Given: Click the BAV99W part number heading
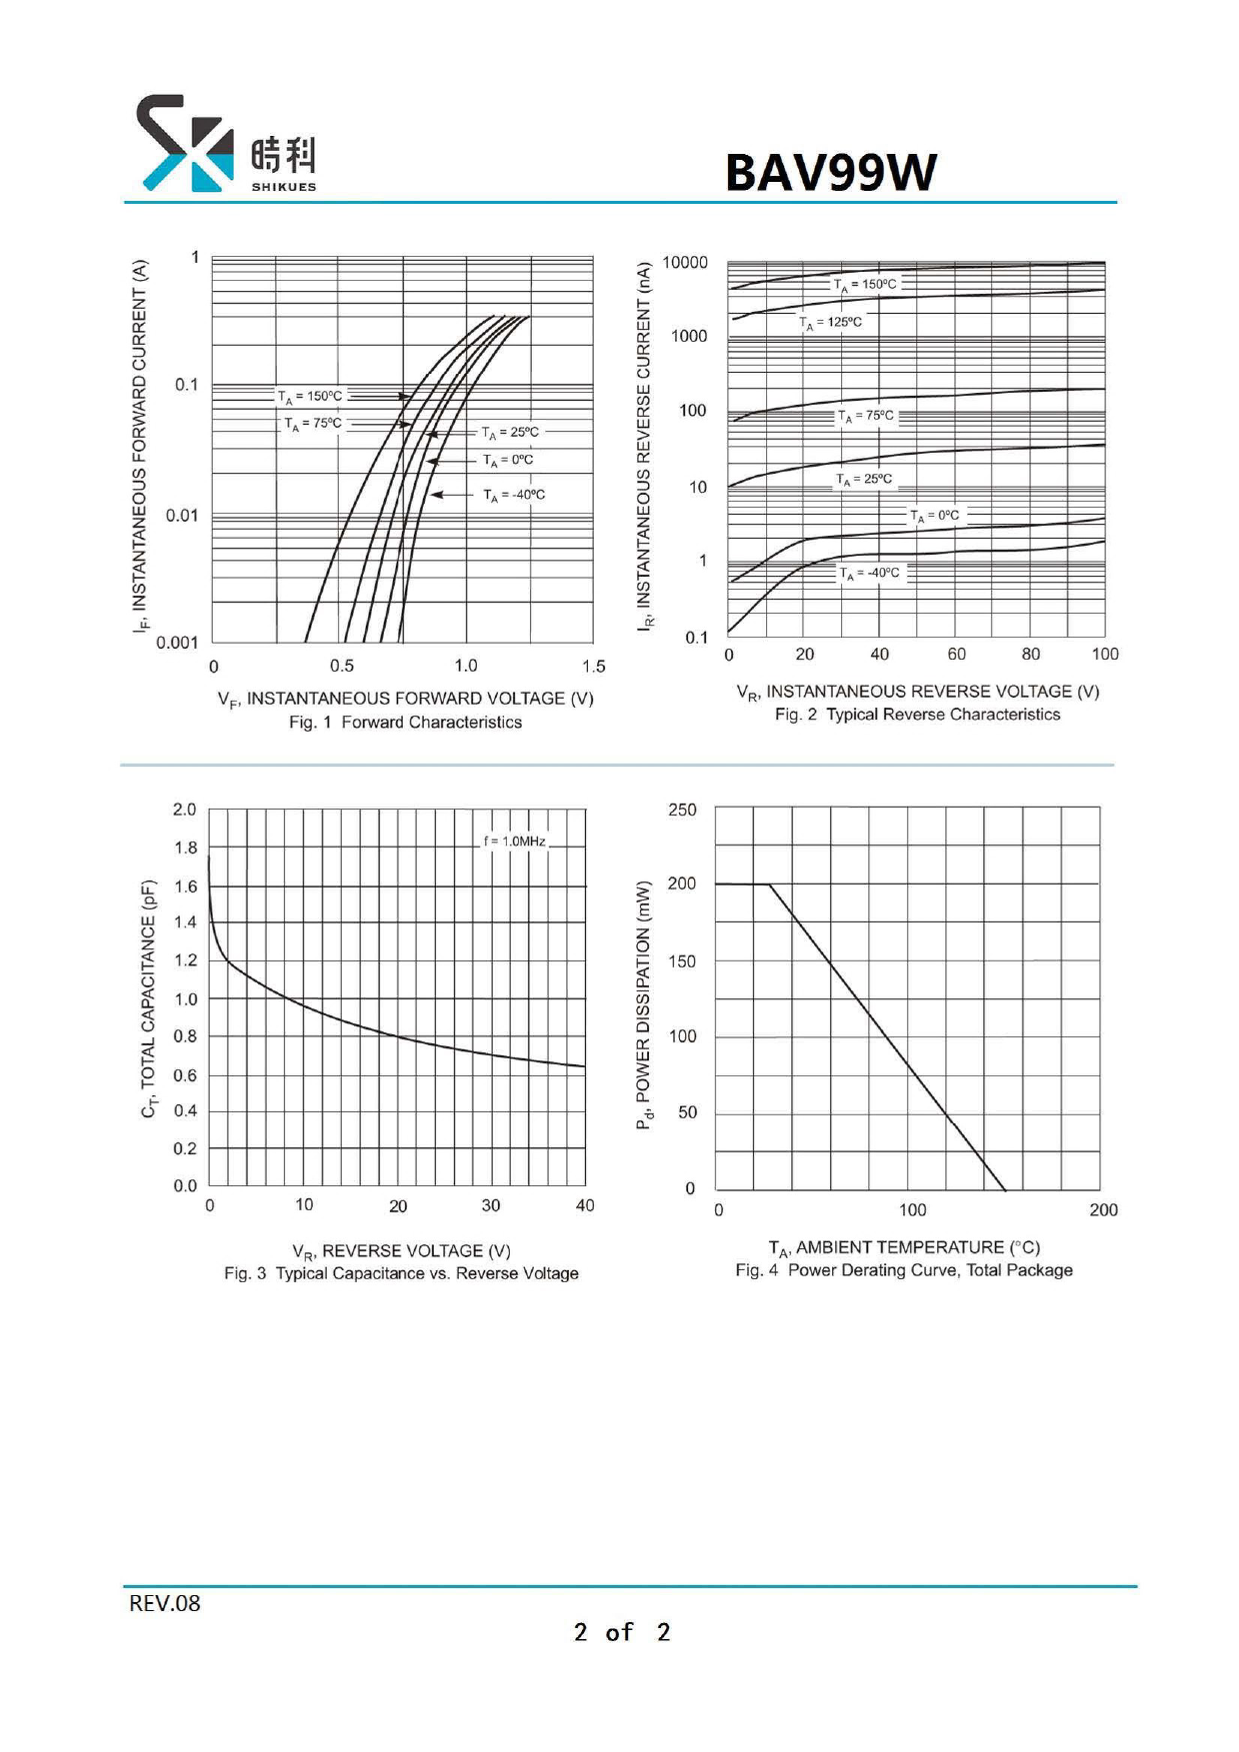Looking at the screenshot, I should point(830,172).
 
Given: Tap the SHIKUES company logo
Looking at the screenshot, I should point(226,144).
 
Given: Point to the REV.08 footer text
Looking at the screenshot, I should point(165,1603).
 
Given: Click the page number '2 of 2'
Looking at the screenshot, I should point(621,1632).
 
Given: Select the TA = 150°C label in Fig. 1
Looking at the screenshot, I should point(311,397).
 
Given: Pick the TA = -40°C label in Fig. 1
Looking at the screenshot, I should point(514,495).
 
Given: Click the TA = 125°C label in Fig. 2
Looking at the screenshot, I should point(831,322).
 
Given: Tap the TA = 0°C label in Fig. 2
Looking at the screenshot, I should point(934,516).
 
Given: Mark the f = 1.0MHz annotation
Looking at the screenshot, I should point(515,842).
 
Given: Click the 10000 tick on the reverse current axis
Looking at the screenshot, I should point(685,263).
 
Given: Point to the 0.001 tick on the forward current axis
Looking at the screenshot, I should point(177,643).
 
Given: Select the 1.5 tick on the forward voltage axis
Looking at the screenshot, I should point(593,667).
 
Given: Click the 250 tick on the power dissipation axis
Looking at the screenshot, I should point(682,811).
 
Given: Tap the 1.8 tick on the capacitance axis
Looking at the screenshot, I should point(185,849).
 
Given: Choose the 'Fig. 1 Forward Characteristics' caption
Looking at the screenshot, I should point(405,723).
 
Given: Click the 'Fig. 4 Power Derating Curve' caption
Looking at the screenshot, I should point(904,1270).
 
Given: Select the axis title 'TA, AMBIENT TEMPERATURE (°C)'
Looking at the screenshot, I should point(904,1247).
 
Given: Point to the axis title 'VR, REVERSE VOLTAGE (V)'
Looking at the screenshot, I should point(401,1251).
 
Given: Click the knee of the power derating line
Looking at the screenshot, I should point(769,884).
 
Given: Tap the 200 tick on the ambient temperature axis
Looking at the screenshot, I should point(1103,1210).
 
